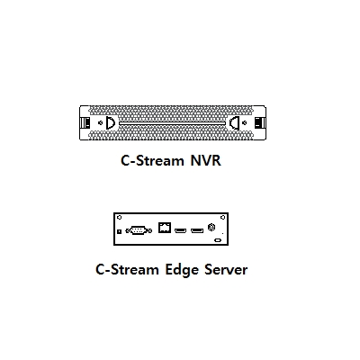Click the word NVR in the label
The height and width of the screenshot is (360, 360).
(x=206, y=160)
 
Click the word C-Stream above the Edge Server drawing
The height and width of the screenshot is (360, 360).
(x=127, y=269)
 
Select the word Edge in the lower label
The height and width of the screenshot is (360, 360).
(x=182, y=270)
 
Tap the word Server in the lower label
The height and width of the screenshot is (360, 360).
(x=226, y=269)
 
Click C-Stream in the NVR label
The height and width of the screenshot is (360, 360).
(x=152, y=160)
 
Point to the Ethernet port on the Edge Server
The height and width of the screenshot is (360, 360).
(x=165, y=228)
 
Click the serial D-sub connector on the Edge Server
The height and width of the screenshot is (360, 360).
(x=139, y=230)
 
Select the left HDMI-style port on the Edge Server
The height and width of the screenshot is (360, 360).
(x=180, y=230)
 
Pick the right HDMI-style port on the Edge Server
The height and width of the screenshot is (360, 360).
(x=197, y=230)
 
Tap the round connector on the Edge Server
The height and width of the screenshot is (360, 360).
(x=211, y=227)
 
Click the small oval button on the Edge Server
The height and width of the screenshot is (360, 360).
(x=218, y=240)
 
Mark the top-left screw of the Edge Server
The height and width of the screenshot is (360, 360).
(x=119, y=217)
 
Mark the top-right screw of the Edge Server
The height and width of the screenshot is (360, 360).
(x=222, y=217)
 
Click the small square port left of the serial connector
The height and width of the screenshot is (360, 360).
(x=119, y=231)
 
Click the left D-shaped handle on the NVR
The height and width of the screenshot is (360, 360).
(x=111, y=122)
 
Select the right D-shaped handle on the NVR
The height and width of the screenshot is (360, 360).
(x=234, y=122)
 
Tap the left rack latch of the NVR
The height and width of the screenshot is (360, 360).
(x=85, y=122)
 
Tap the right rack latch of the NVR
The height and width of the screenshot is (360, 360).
(x=260, y=122)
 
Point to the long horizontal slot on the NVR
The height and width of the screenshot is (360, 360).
(x=172, y=123)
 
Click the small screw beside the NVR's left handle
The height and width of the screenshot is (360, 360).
(x=101, y=122)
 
